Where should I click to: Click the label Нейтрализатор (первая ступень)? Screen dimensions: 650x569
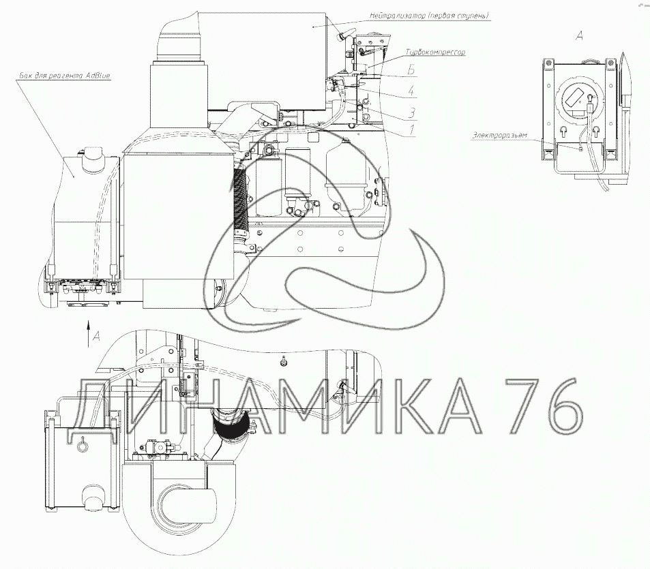tap(430, 16)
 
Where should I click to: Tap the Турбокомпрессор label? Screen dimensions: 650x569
tap(435, 52)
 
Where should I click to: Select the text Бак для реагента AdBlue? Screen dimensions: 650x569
tap(65, 76)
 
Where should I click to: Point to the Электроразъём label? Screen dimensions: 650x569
tap(499, 136)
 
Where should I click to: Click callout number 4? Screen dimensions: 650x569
tap(411, 90)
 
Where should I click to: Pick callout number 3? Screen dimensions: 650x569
tap(411, 112)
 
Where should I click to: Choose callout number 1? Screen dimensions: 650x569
tap(412, 130)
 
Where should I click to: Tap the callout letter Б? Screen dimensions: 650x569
tap(411, 70)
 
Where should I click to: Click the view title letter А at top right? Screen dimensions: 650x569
tap(580, 36)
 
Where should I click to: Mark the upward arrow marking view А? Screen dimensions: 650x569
tap(88, 333)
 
